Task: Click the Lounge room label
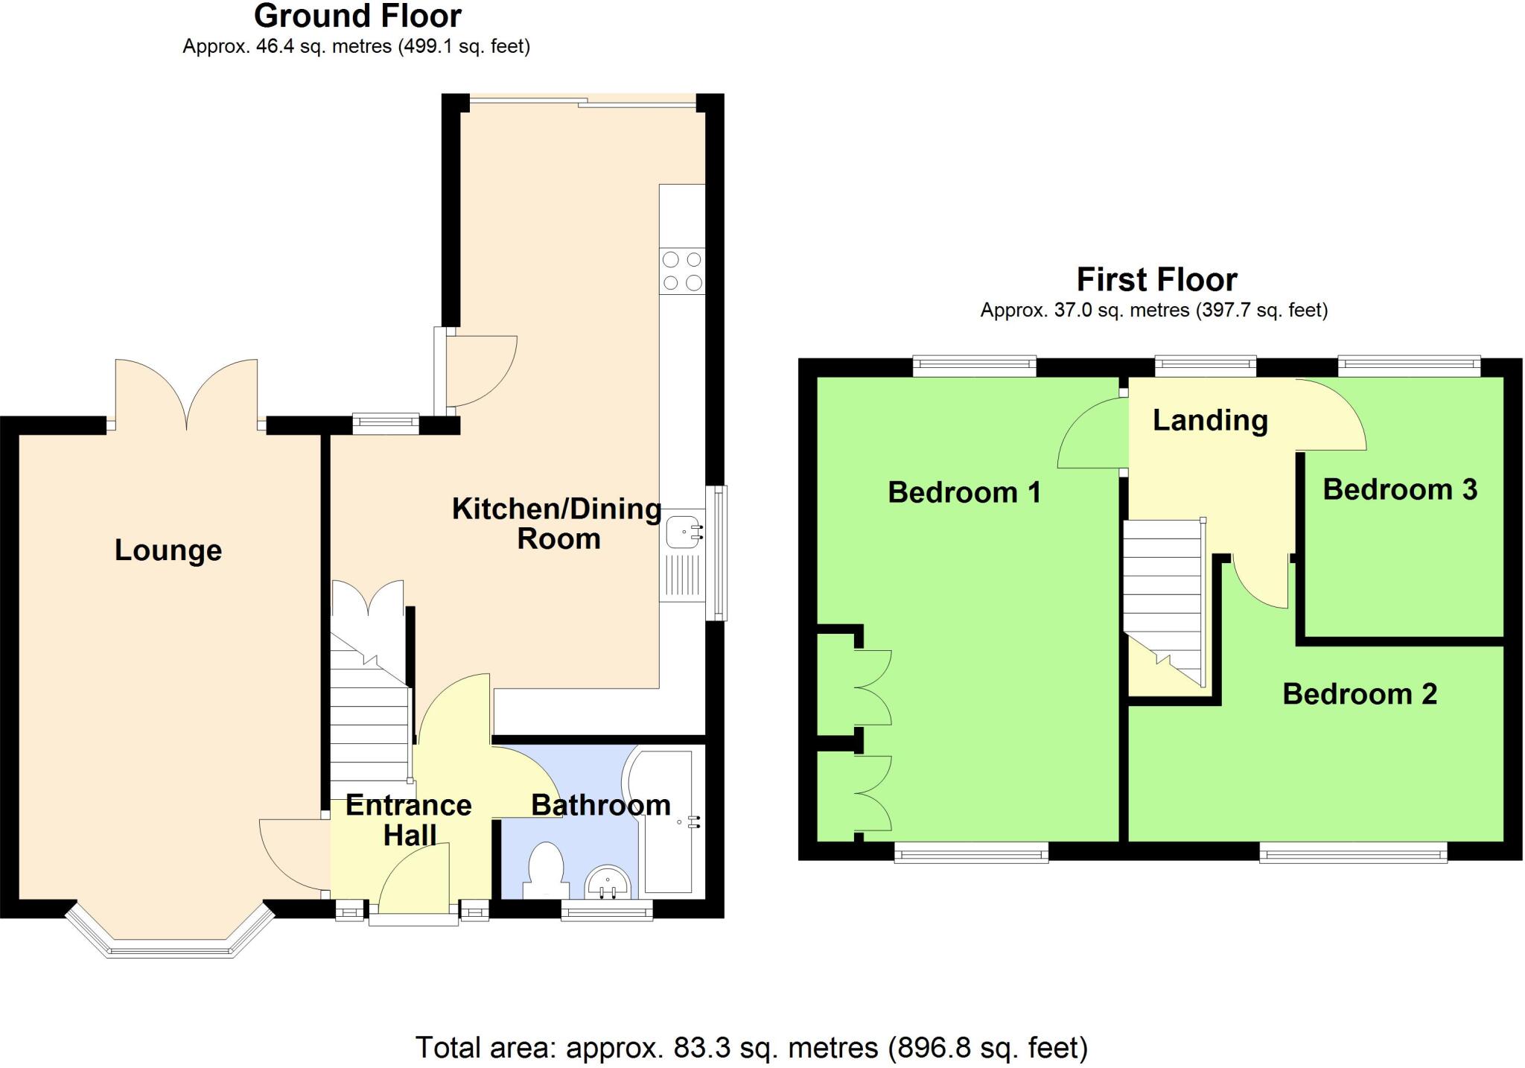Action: point(168,550)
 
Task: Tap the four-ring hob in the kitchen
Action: point(682,271)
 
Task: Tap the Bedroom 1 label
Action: point(964,492)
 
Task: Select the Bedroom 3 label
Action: point(1399,489)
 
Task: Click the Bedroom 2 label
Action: point(1359,694)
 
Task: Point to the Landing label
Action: point(1210,420)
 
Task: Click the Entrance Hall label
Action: point(409,820)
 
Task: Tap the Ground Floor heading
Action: point(357,16)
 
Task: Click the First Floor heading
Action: point(1156,280)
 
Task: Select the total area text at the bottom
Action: point(751,1047)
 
